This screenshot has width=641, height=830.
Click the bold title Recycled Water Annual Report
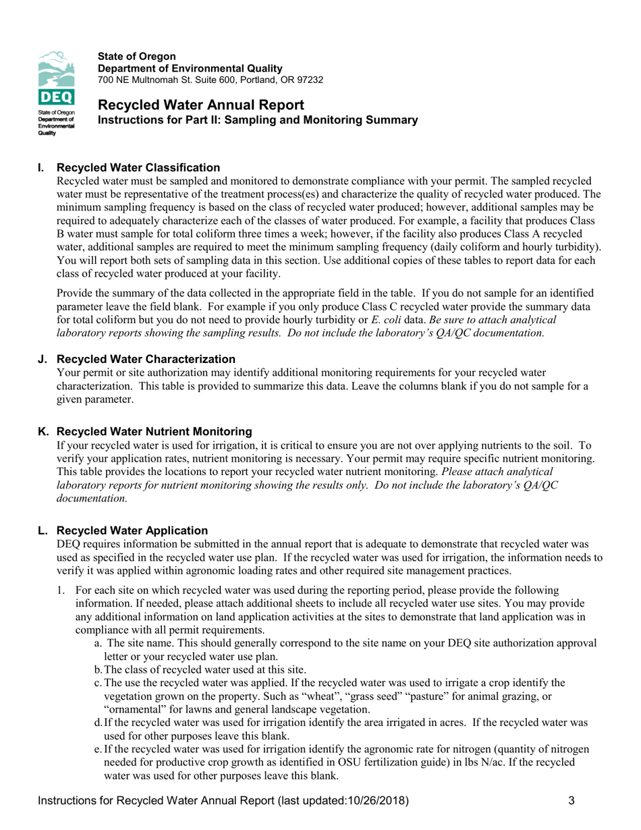(200, 105)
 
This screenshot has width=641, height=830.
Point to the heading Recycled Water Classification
(138, 167)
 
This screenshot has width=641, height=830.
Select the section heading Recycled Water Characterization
(146, 359)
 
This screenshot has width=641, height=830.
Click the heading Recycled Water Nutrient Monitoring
(155, 431)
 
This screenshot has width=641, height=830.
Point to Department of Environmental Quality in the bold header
(190, 68)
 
